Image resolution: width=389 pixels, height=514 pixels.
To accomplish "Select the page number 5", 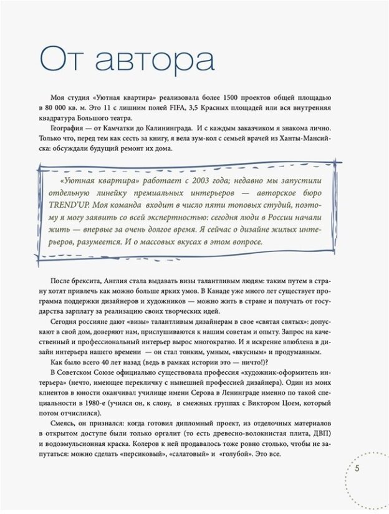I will click(x=357, y=469).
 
